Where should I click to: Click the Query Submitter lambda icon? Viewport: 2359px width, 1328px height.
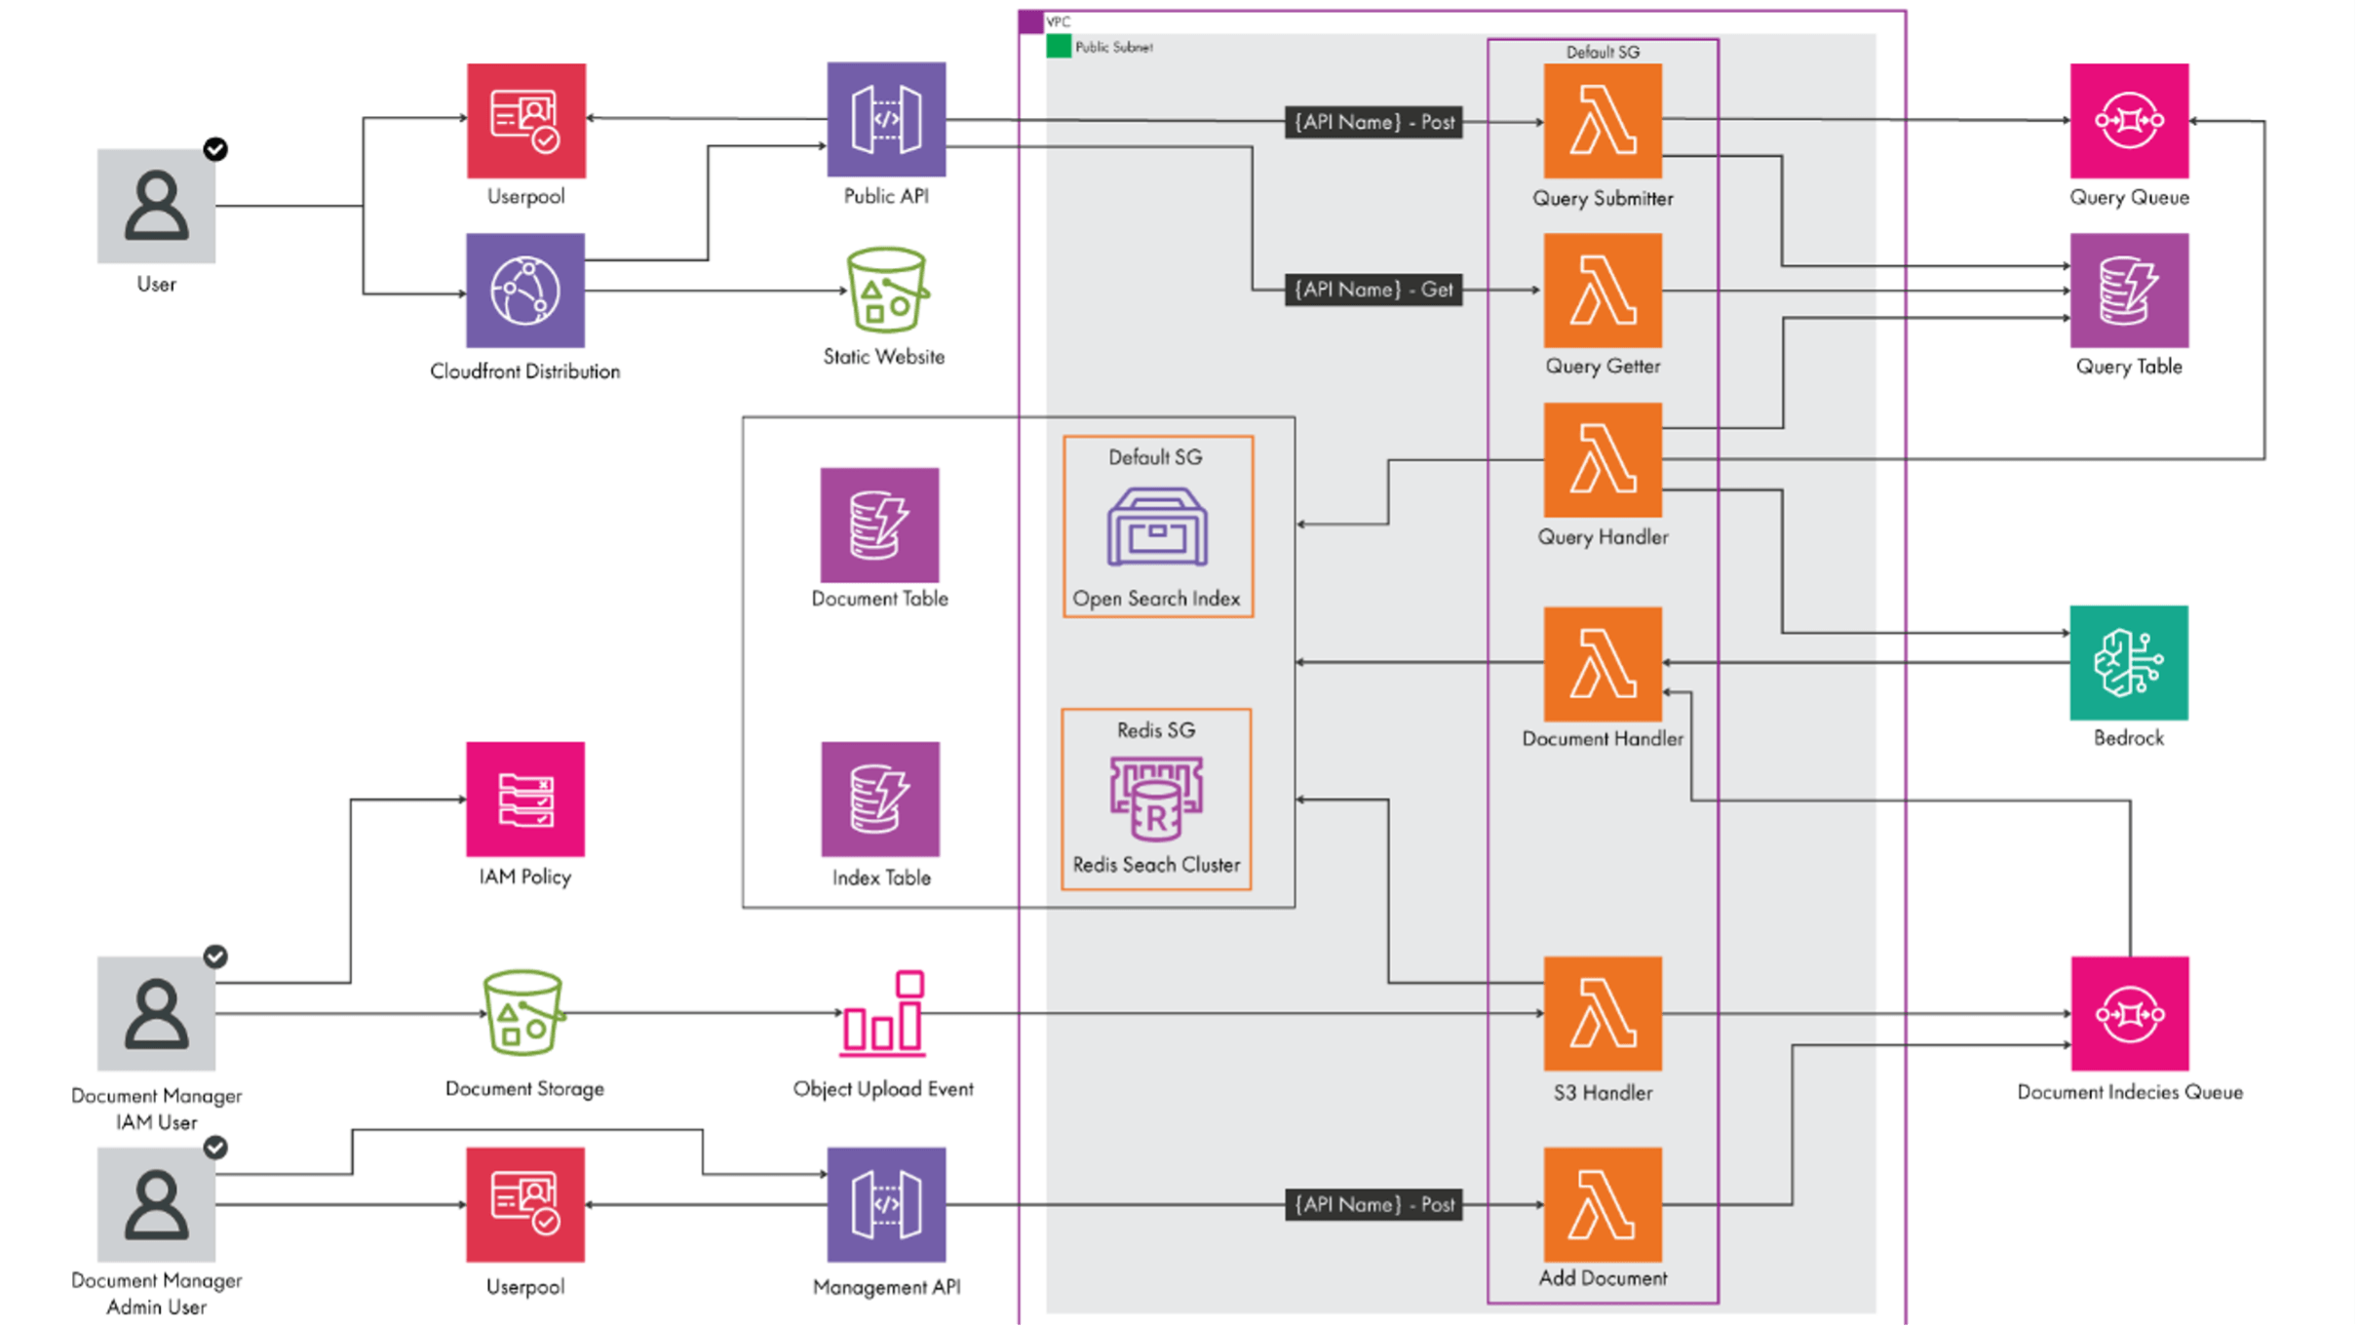1603,121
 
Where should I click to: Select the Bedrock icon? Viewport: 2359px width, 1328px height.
2129,663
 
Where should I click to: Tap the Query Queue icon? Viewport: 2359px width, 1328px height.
2129,121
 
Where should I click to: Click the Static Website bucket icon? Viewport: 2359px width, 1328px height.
885,291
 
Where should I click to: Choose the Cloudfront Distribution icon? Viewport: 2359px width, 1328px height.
525,291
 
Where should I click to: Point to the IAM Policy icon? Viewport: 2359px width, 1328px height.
525,800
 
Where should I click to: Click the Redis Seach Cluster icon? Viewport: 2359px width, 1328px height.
1156,800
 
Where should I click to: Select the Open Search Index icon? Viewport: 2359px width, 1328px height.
1156,527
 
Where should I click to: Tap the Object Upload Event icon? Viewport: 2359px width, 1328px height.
883,1014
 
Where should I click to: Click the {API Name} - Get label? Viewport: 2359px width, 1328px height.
1373,290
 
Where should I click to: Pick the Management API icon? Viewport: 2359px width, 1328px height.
886,1205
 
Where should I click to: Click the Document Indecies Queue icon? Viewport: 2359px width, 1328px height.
2129,1014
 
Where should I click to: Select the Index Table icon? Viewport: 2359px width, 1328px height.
880,800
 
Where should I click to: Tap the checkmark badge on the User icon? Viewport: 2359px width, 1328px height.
215,149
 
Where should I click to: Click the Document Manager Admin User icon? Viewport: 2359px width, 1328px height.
156,1205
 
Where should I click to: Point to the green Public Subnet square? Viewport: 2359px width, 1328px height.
1059,46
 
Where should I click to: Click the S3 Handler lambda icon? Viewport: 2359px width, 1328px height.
1603,1014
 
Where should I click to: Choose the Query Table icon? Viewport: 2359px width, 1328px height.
2129,291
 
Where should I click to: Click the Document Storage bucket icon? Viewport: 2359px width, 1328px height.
523,1014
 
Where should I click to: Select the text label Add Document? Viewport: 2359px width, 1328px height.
1603,1278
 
